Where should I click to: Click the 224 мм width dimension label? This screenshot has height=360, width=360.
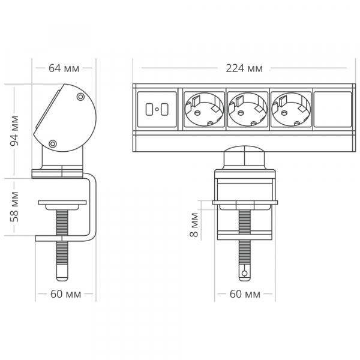245,68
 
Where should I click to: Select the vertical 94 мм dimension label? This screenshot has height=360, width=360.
14,131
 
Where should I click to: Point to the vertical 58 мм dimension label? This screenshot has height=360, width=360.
14,206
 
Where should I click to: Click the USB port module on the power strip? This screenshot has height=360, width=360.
157,110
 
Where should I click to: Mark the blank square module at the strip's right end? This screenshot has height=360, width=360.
333,110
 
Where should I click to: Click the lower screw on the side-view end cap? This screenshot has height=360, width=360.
53,143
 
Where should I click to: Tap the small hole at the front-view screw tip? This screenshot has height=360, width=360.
245,273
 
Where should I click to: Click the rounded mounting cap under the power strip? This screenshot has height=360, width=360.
245,158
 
